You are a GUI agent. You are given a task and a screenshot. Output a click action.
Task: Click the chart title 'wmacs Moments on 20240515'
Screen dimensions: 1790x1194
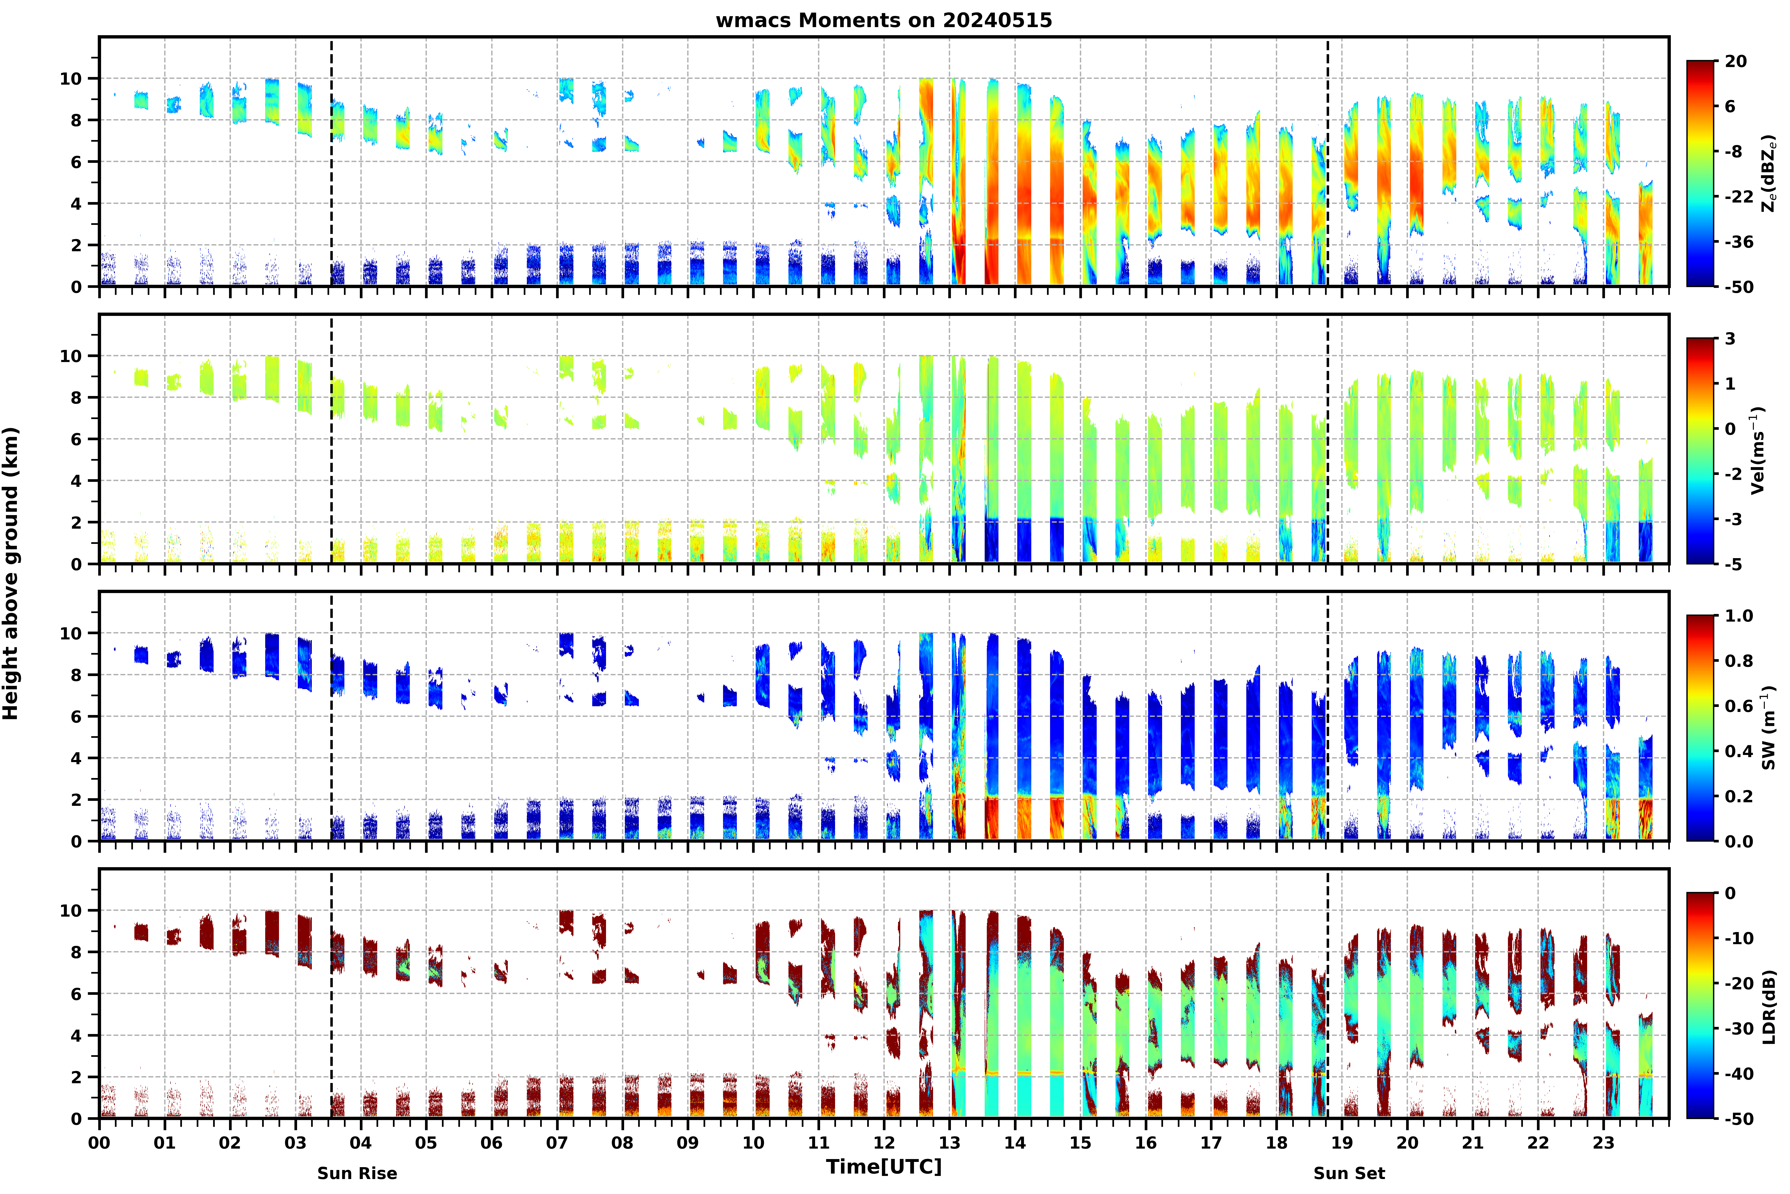point(884,20)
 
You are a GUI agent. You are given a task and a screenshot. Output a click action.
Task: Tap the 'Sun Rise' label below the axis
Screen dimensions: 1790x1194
point(357,1174)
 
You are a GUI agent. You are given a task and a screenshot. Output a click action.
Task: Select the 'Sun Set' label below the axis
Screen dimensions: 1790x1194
point(1349,1174)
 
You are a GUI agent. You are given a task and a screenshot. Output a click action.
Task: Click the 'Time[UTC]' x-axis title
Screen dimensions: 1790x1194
point(884,1167)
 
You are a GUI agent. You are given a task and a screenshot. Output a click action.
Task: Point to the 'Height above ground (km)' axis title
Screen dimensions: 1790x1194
point(11,573)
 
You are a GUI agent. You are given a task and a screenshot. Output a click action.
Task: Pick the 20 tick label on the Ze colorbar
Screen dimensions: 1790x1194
point(1736,61)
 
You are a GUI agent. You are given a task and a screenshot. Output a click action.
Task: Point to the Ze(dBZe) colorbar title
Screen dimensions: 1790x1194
point(1769,174)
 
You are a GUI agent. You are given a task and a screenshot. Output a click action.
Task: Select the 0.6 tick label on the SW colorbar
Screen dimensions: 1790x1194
point(1739,706)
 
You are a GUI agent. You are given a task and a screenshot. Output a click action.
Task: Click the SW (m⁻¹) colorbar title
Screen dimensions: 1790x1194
point(1769,728)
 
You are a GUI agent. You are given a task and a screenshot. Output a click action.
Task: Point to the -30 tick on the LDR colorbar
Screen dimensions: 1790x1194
point(1739,1029)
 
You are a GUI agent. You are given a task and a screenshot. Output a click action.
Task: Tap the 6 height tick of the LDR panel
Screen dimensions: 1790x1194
point(76,994)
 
